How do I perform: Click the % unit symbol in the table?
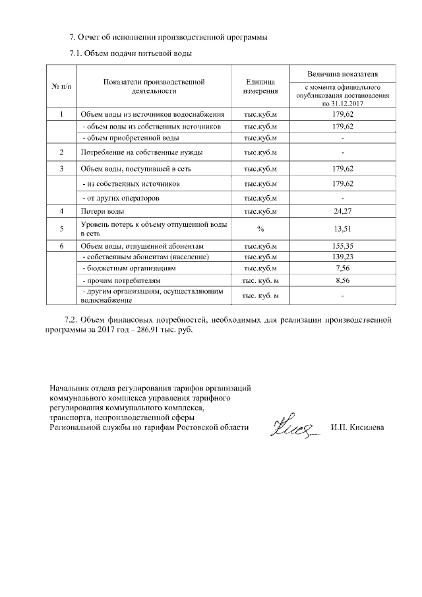(x=260, y=230)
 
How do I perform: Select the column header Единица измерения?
(x=260, y=86)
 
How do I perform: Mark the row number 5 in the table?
(x=61, y=230)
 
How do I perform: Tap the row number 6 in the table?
(x=61, y=245)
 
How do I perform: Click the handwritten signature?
(x=292, y=429)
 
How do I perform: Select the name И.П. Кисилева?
(x=357, y=428)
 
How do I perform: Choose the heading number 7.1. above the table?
(x=78, y=52)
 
